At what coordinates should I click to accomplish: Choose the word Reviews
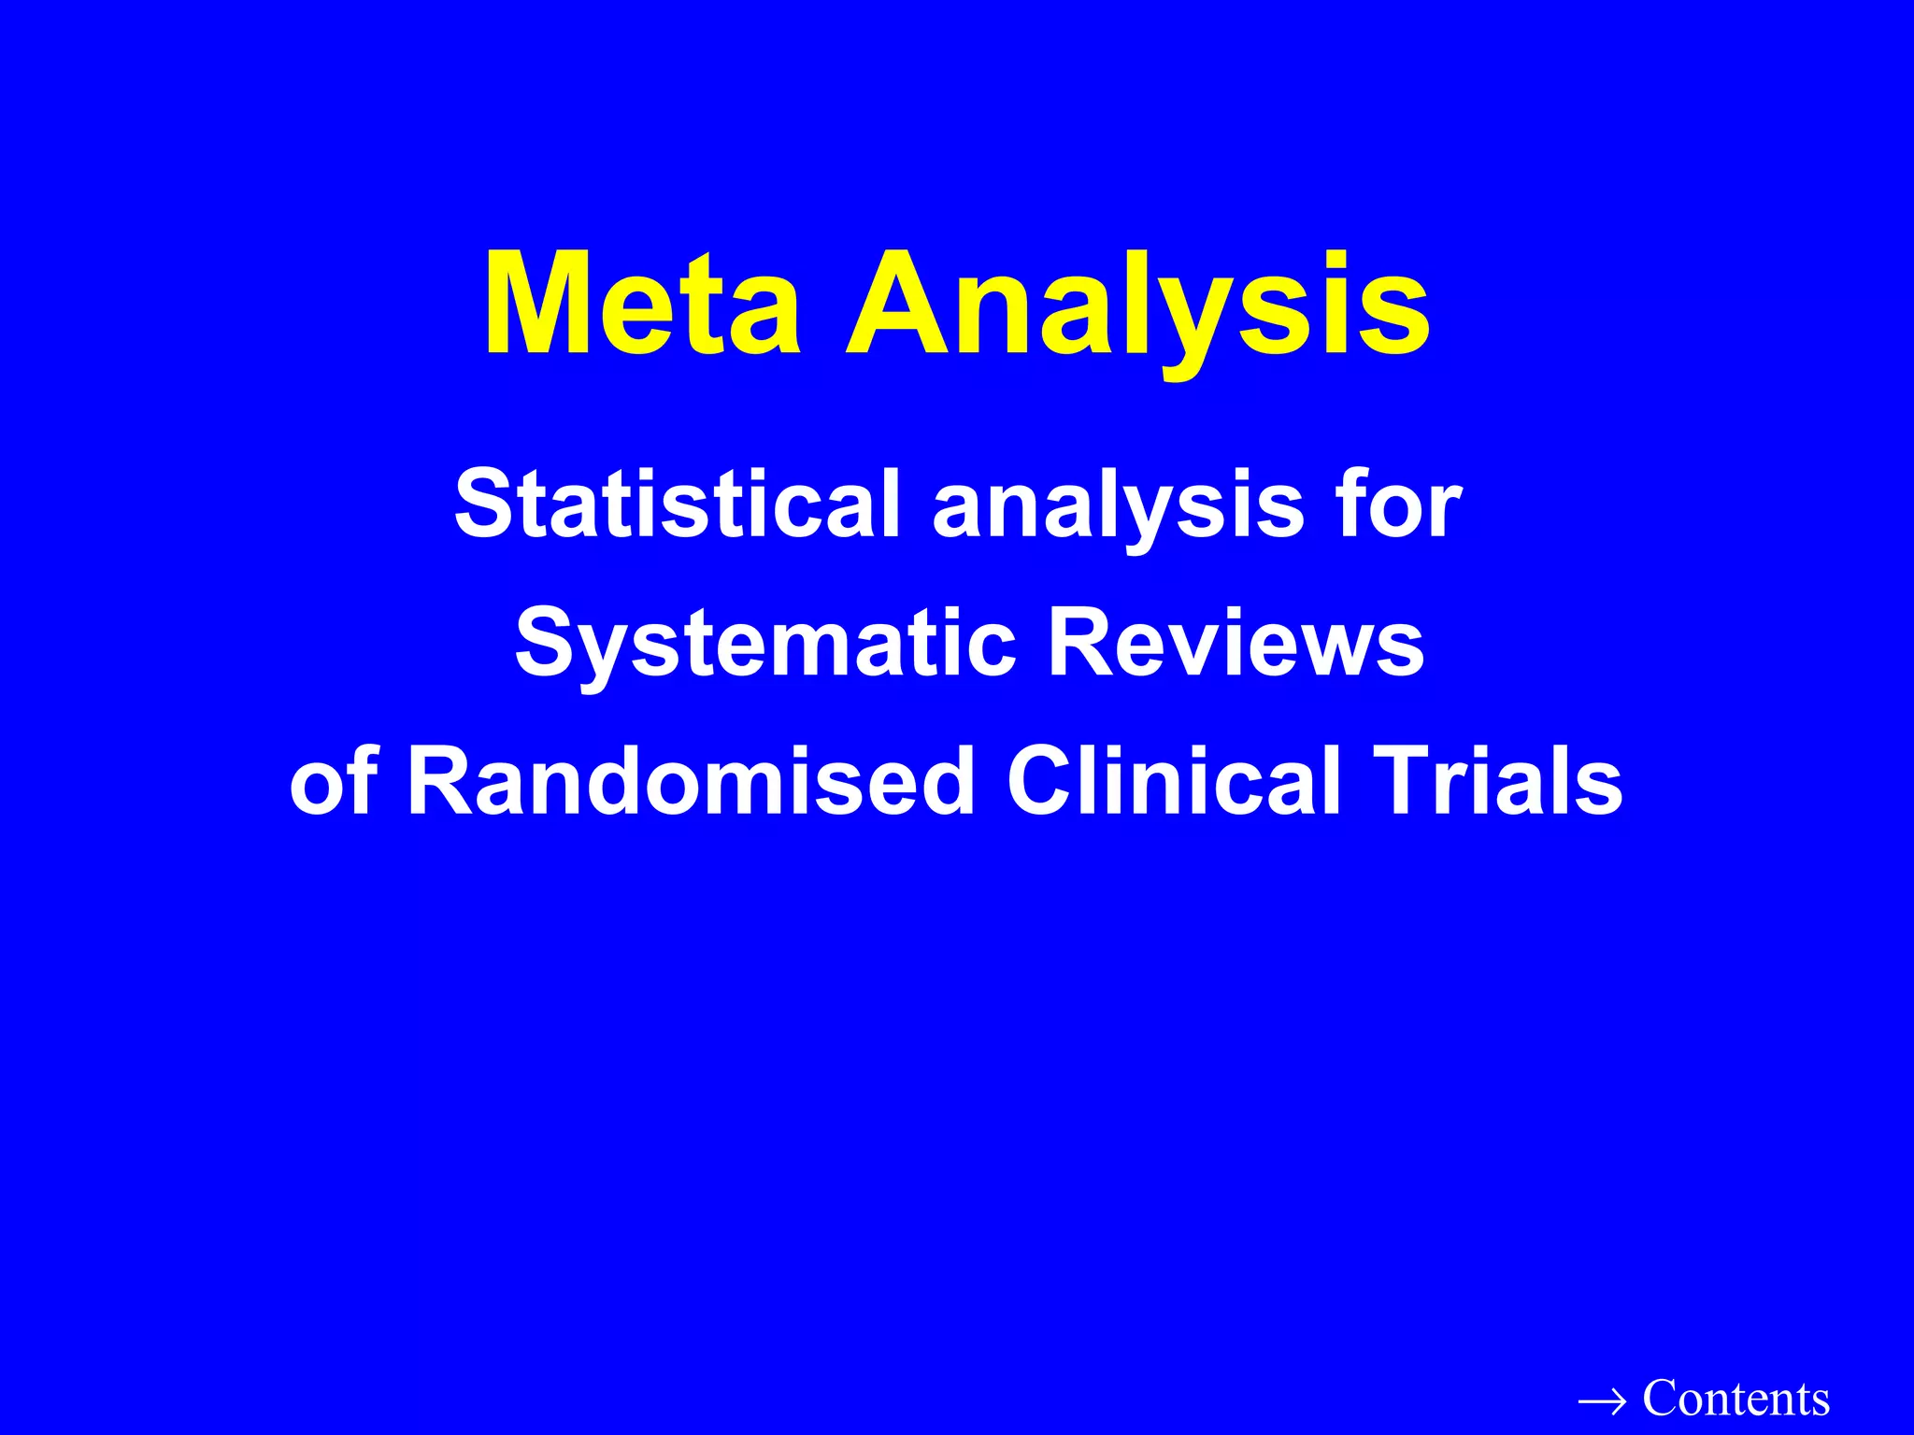click(x=1236, y=643)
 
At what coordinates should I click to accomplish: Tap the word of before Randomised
click(x=334, y=782)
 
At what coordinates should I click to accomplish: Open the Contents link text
click(x=1735, y=1399)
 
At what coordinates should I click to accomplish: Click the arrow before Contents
click(x=1602, y=1401)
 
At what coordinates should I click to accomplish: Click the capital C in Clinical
click(x=1040, y=782)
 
